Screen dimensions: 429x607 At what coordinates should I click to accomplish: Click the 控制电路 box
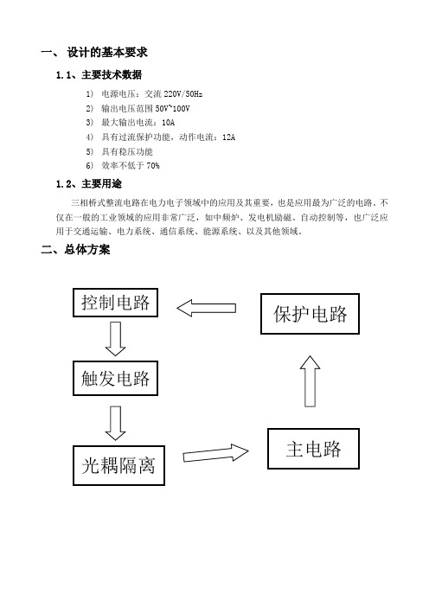coord(115,303)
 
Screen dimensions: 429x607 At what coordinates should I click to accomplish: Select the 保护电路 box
coord(310,314)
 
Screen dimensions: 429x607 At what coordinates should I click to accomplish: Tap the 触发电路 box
coord(115,378)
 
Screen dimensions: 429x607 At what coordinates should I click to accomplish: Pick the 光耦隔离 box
coord(118,465)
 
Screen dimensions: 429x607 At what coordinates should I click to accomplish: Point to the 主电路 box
coord(313,449)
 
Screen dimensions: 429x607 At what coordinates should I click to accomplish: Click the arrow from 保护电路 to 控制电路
coord(206,308)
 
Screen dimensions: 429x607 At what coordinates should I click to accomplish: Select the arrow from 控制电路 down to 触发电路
coord(115,339)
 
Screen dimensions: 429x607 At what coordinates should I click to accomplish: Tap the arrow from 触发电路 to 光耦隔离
coord(115,423)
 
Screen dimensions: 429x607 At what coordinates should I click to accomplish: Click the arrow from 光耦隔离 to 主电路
coord(215,453)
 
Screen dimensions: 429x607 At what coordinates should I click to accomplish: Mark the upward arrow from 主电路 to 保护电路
coord(310,381)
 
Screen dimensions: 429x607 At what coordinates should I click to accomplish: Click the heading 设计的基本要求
coord(107,52)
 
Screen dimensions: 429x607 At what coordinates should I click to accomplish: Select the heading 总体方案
coord(87,250)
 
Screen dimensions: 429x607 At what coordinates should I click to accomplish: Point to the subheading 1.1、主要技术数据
coord(99,74)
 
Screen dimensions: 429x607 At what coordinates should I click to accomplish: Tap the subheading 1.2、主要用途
coord(89,184)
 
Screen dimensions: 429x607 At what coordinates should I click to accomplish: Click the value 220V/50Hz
coord(183,94)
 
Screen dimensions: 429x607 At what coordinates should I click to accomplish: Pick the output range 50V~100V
coord(172,108)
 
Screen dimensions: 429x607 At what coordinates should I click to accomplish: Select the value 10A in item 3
coord(168,123)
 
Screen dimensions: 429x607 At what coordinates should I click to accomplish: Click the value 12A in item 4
coord(228,137)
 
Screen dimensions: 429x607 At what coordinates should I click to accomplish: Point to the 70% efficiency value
coord(153,166)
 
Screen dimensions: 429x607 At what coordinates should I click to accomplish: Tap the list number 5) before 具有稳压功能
coord(89,151)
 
